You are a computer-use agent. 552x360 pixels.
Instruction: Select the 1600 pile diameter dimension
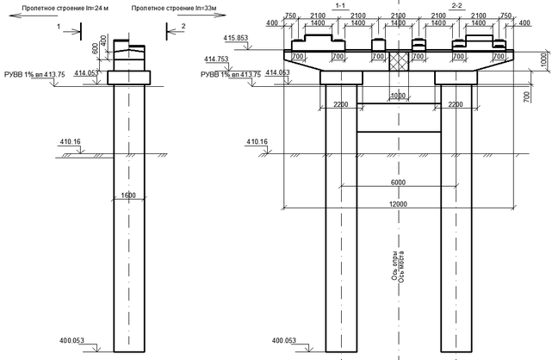tap(128, 196)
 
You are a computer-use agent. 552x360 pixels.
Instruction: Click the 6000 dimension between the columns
tap(396, 182)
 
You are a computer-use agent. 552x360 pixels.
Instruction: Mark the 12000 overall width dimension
tap(396, 203)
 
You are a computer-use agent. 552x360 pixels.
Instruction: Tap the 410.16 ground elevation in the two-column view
tap(259, 141)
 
